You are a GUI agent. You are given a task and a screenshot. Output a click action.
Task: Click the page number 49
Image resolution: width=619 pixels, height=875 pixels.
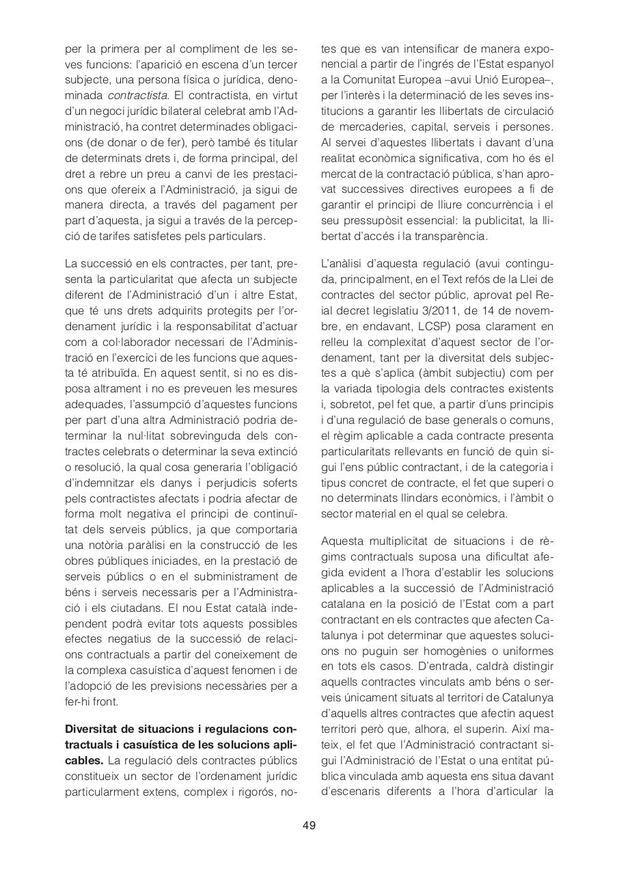pos(309,825)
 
